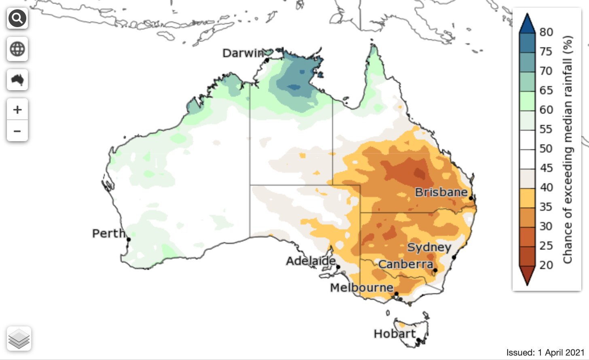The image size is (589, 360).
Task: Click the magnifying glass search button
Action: [17, 19]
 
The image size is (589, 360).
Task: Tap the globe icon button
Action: [17, 49]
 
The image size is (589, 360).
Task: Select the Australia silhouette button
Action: [17, 80]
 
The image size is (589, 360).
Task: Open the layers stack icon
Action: [19, 339]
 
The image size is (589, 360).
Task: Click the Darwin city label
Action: [243, 53]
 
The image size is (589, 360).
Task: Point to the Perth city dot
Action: [129, 239]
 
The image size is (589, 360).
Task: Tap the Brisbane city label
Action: [441, 192]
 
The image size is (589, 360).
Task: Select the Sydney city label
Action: [429, 248]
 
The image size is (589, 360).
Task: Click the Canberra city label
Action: [405, 265]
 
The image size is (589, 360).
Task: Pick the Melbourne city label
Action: [361, 288]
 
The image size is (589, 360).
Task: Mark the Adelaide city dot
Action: [338, 267]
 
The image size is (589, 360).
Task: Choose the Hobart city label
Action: [394, 334]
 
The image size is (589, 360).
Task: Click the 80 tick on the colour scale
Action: [546, 32]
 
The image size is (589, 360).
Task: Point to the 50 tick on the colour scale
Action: [546, 148]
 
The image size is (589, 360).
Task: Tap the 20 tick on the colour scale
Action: [546, 265]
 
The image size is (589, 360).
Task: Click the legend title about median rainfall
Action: [568, 150]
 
